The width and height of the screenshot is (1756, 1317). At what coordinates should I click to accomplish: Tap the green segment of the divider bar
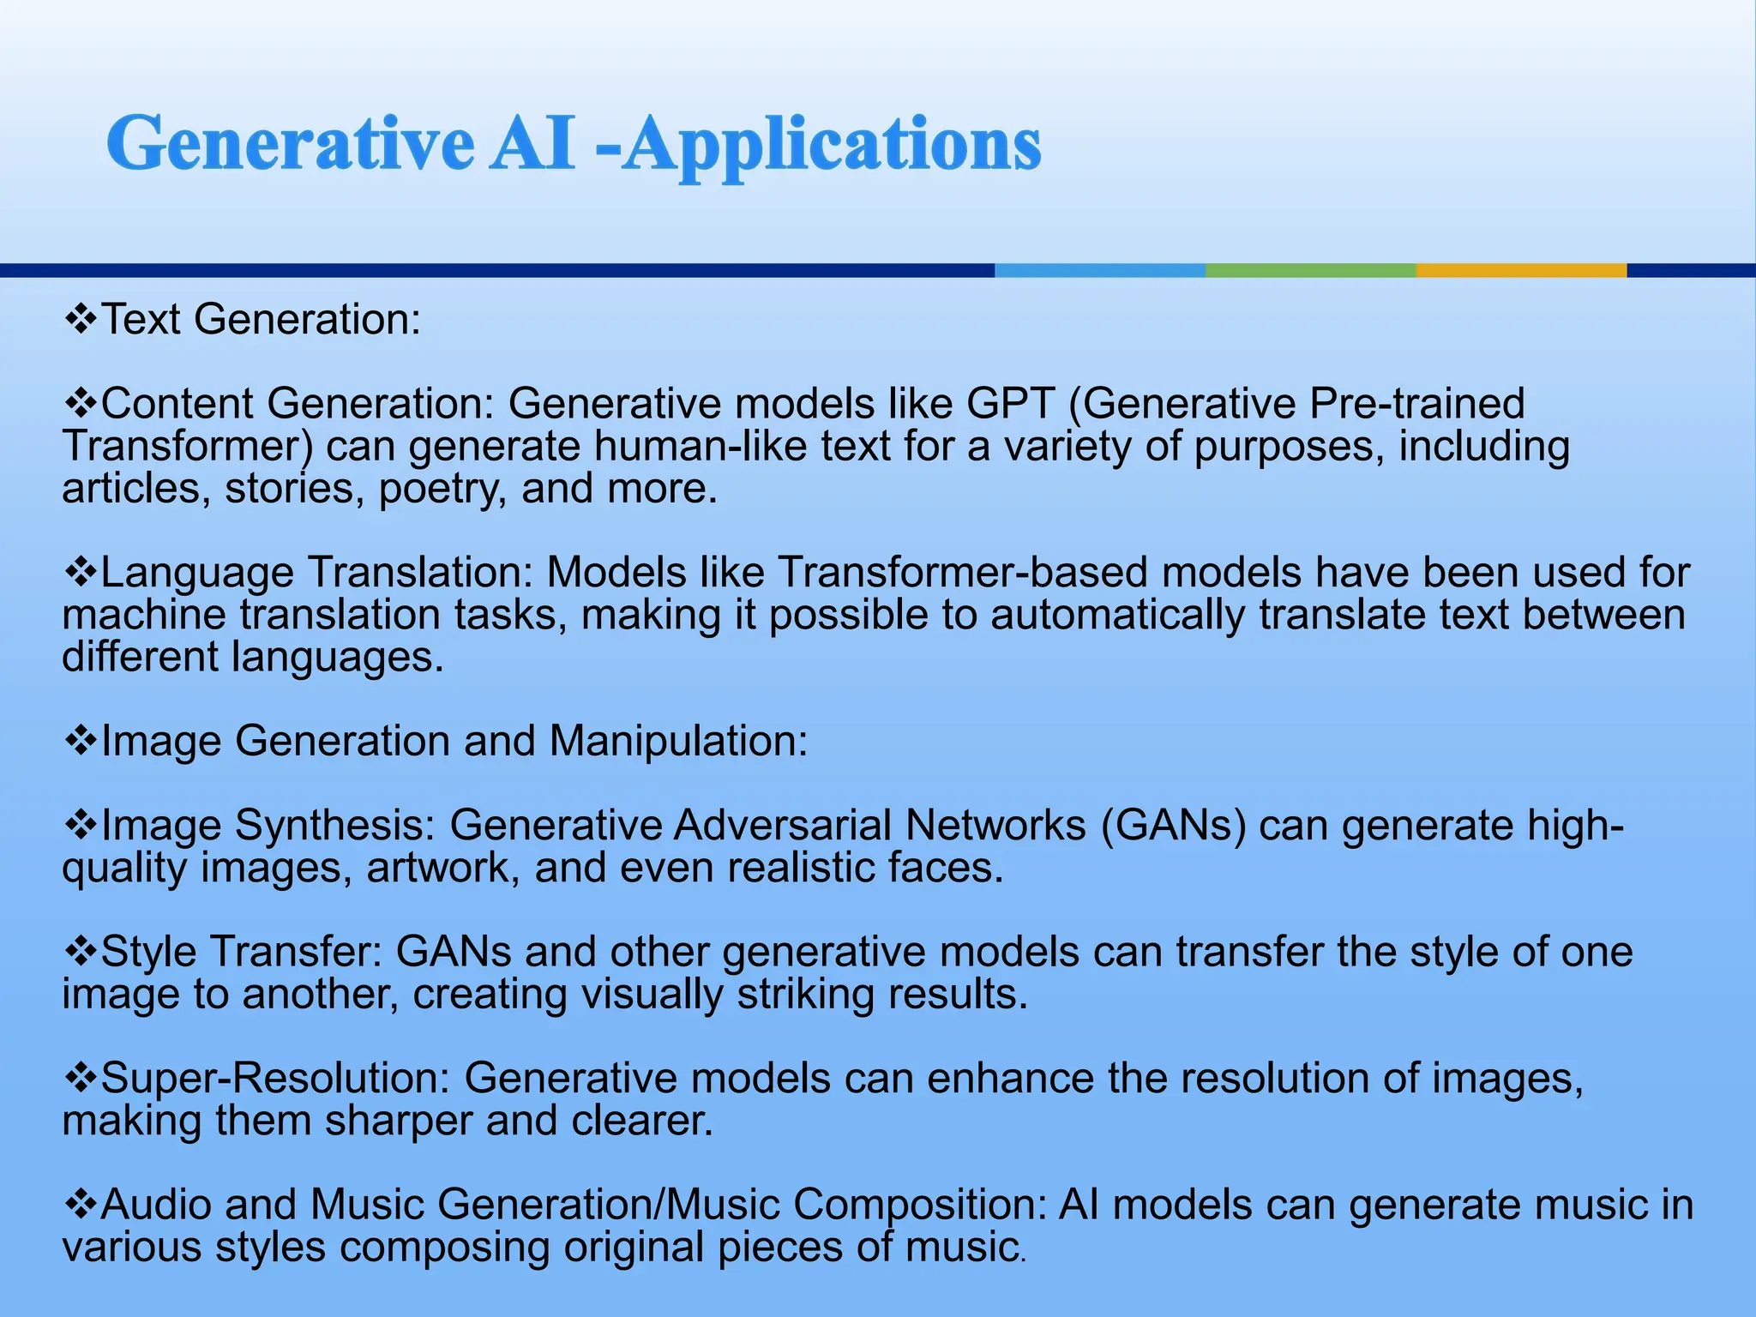[x=1310, y=270]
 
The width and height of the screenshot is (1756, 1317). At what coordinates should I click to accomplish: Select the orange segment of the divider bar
[x=1521, y=270]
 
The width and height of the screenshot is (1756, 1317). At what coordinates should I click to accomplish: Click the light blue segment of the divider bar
[x=1099, y=270]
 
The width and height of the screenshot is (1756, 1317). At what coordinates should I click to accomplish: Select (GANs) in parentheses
[x=1173, y=825]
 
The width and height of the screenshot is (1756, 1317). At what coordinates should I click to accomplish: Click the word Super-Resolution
[x=275, y=1078]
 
